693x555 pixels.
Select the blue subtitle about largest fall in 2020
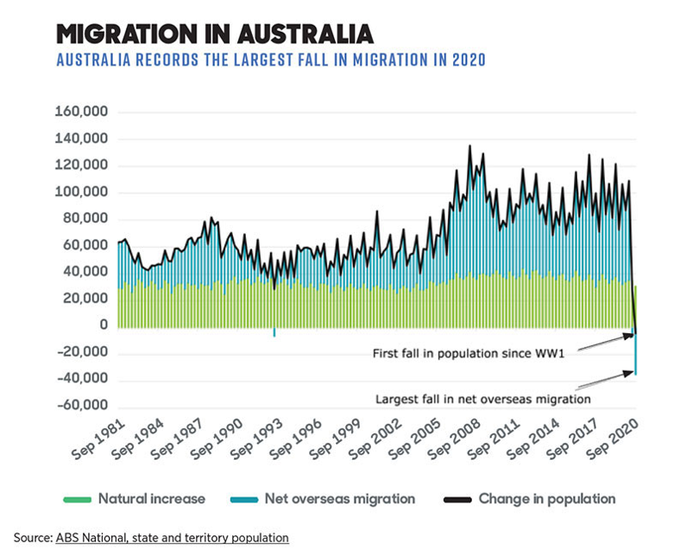point(269,60)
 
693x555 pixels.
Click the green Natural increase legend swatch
point(77,499)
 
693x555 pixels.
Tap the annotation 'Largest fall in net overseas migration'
point(483,400)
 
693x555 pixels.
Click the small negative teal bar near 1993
point(274,332)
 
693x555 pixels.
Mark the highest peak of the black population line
point(469,147)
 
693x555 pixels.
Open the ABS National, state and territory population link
point(172,538)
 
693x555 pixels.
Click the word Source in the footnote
point(31,538)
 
